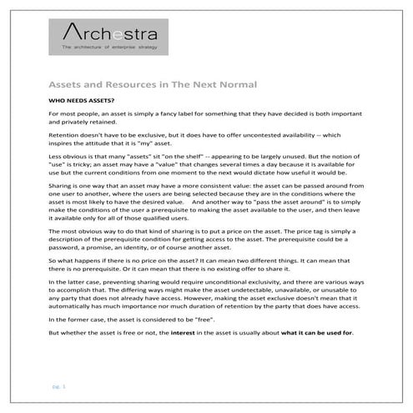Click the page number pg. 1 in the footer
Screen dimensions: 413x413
54,388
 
